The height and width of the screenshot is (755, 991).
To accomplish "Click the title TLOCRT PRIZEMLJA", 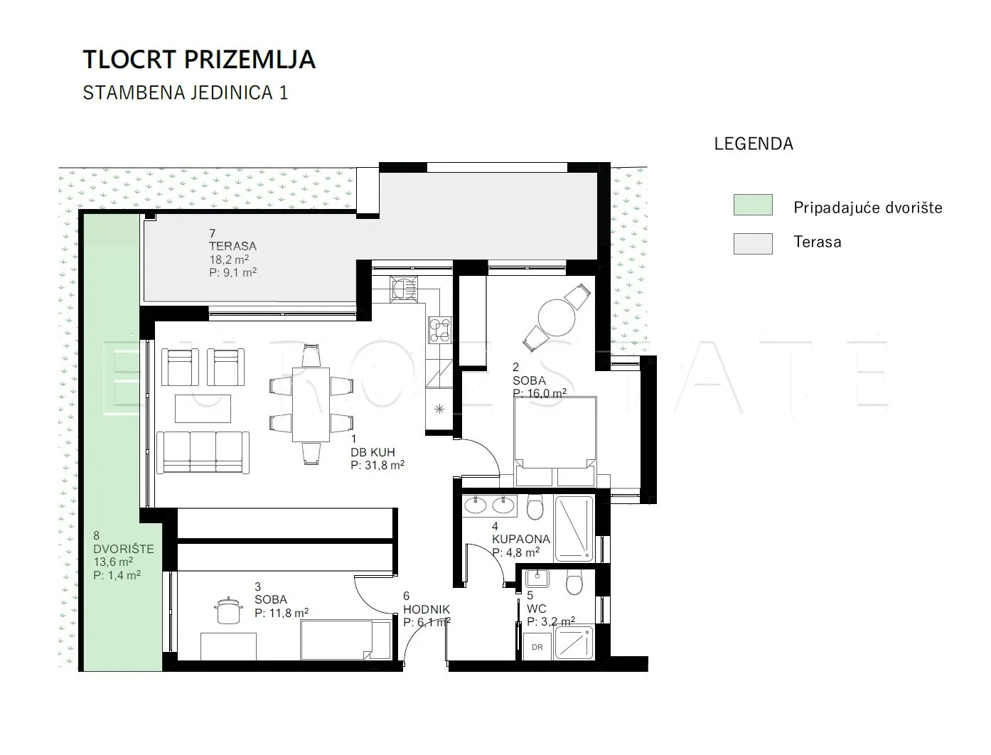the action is (199, 60).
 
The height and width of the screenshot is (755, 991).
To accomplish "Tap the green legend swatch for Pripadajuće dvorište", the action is (753, 205).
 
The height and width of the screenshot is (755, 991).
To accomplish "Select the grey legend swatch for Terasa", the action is (753, 244).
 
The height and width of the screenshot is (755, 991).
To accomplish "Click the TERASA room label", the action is (232, 247).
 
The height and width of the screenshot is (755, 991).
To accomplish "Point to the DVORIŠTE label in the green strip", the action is (124, 550).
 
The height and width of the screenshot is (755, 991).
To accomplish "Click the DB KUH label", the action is (373, 452).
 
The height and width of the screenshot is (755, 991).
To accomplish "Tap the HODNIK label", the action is (427, 610).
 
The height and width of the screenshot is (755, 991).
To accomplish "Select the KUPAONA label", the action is (520, 540).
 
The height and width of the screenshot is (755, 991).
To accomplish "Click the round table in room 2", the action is (557, 318).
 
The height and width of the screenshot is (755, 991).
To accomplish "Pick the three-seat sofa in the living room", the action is (203, 453).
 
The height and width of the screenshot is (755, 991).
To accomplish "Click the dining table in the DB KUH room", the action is (311, 405).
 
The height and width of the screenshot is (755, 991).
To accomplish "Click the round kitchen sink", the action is (403, 289).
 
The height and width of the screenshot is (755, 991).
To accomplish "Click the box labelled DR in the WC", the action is (537, 647).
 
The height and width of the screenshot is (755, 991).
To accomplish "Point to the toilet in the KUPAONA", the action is (535, 507).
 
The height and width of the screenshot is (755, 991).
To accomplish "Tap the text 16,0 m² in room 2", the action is (546, 394).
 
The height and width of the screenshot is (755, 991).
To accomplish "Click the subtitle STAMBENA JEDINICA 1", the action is (186, 92).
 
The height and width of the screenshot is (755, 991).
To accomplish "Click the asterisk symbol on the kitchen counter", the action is (439, 409).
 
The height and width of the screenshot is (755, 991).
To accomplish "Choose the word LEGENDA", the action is (754, 144).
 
